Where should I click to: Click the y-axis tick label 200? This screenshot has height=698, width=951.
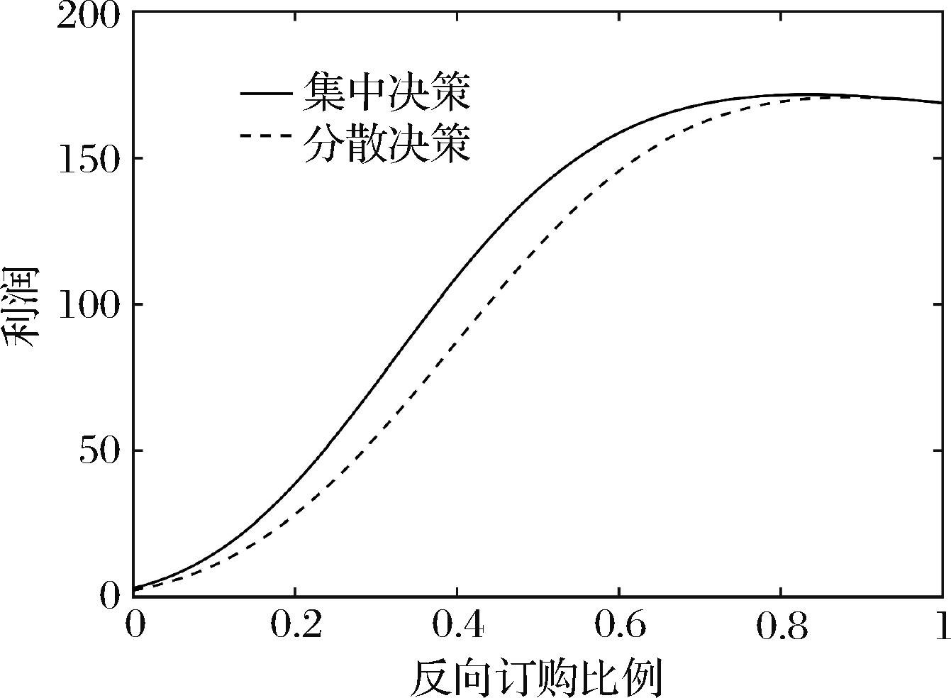[89, 16]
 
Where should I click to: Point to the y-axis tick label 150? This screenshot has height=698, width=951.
[89, 159]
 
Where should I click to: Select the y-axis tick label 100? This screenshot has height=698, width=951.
[89, 305]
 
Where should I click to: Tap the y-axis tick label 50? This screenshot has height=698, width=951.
[99, 450]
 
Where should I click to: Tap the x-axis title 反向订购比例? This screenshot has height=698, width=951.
[536, 677]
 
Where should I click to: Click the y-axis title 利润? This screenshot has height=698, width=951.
[21, 305]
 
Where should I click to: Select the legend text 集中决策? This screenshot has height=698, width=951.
[387, 92]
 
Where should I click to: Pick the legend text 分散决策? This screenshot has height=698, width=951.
[387, 143]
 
